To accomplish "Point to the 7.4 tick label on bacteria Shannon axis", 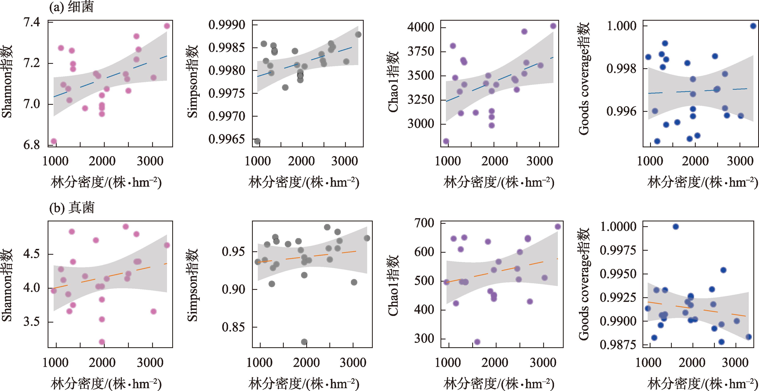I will click(x=32, y=22).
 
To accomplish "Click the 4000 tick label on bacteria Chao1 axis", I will click(x=421, y=27).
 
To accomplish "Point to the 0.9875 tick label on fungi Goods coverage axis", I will click(x=618, y=344).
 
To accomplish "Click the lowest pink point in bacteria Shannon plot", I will click(x=54, y=141).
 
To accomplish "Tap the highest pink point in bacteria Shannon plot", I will click(x=167, y=26).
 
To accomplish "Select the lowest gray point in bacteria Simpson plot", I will click(x=257, y=141).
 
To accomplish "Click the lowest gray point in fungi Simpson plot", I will click(x=304, y=342).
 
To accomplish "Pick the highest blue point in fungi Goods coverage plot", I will click(x=676, y=227).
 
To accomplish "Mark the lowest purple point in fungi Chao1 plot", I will click(x=477, y=342).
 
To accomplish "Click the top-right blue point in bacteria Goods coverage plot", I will click(x=753, y=26).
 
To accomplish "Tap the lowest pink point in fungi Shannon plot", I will click(x=102, y=342).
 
